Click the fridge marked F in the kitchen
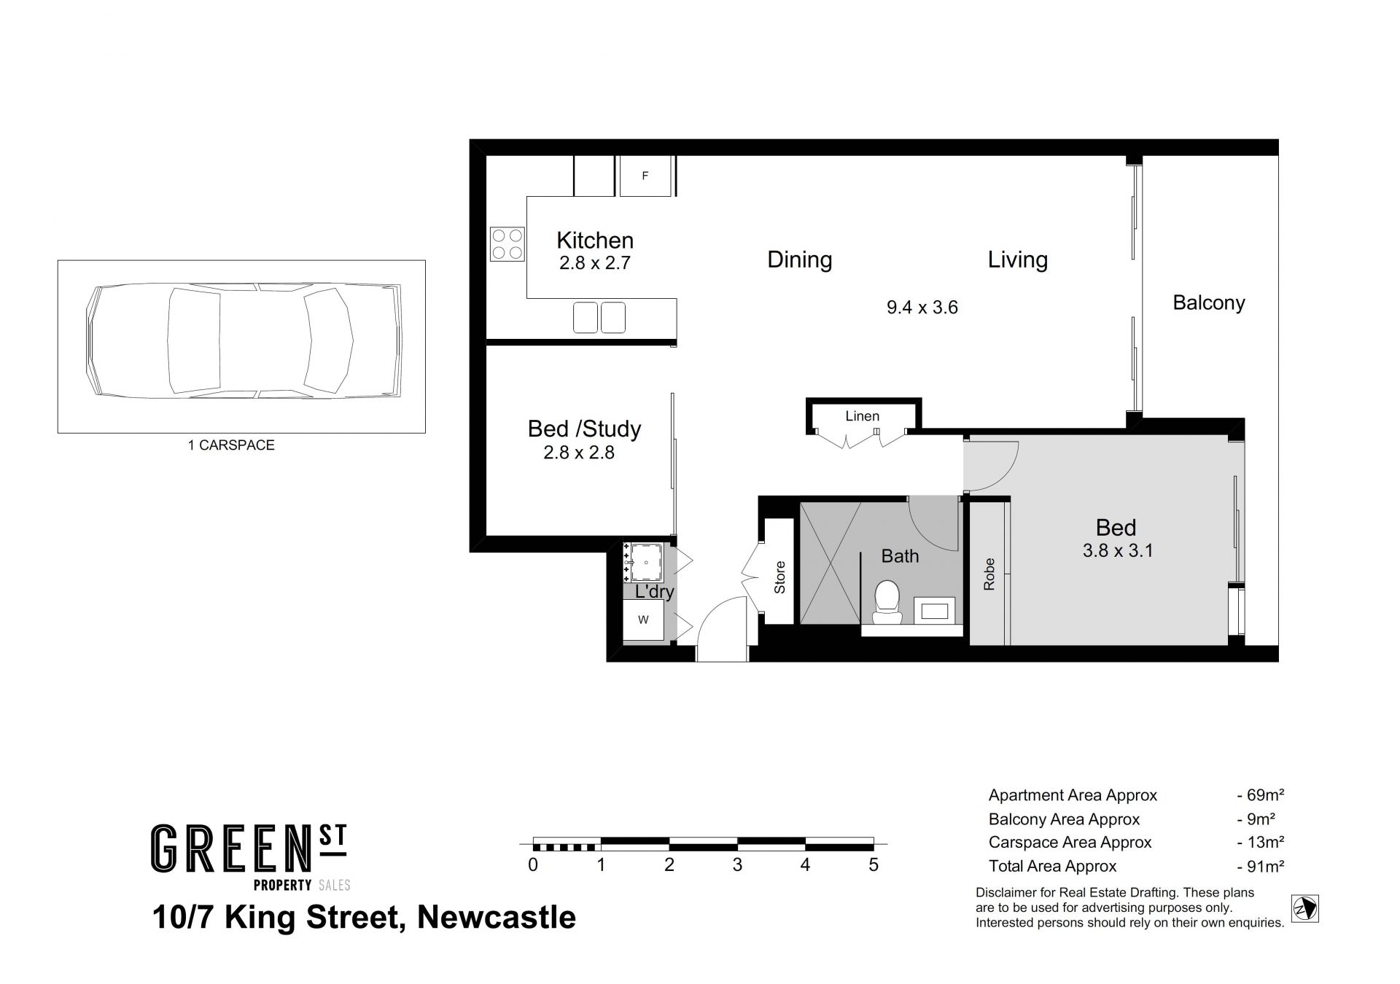tap(645, 176)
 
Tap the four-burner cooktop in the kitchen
tap(507, 244)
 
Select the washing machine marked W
tap(643, 620)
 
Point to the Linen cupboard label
tap(863, 416)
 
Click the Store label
tap(779, 577)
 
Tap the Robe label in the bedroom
tap(989, 574)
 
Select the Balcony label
tap(1209, 302)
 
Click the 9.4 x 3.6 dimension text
tap(922, 308)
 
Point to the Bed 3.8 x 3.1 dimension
tap(1118, 550)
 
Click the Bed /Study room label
tap(584, 429)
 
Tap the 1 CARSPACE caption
tap(231, 445)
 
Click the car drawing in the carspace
tap(244, 340)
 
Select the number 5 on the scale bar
tap(874, 865)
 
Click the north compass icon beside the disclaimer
tap(1305, 909)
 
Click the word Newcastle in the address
tap(497, 917)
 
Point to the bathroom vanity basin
tap(934, 610)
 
